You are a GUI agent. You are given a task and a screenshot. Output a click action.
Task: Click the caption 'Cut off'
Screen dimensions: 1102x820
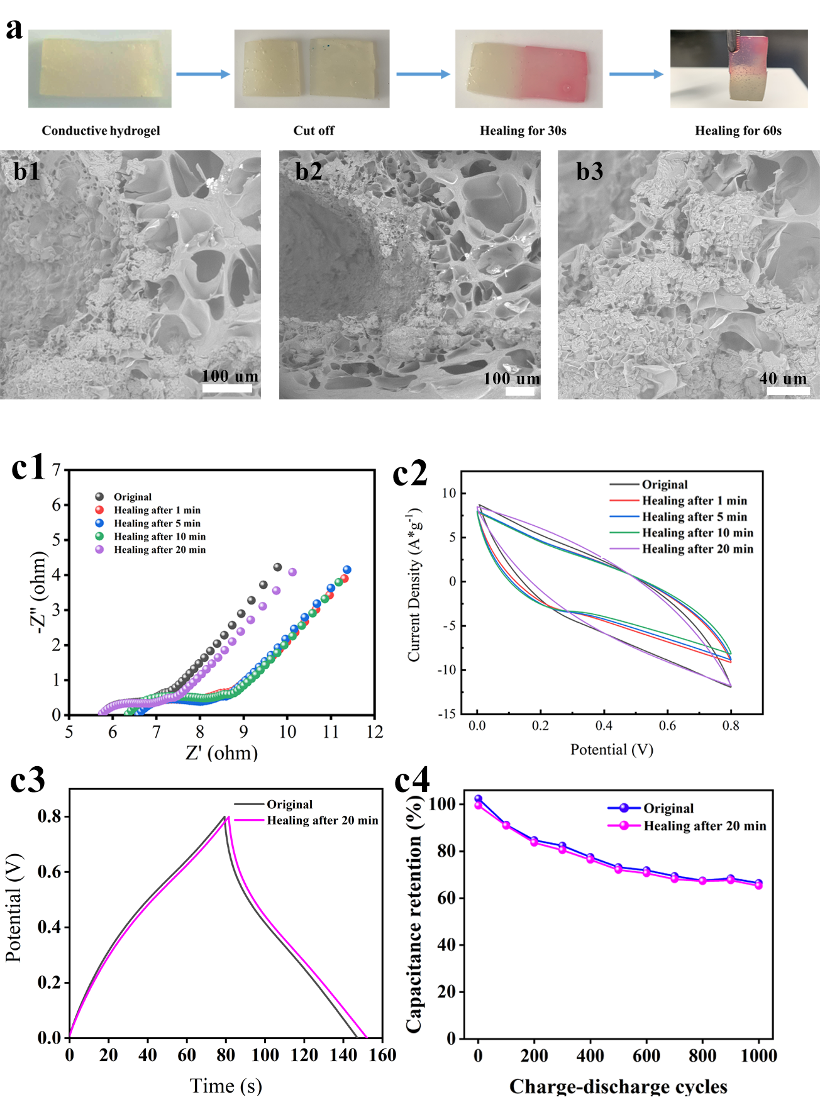point(313,131)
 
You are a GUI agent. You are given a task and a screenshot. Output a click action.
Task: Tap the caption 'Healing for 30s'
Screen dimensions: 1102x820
point(523,131)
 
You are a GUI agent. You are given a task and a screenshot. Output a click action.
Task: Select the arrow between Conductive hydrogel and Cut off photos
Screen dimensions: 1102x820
point(202,74)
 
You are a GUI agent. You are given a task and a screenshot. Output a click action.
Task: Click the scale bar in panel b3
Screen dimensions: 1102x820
point(788,391)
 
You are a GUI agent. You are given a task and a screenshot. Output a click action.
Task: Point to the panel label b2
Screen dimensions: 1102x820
point(308,171)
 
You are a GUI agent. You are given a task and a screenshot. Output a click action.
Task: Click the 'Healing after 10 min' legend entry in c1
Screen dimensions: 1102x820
point(159,537)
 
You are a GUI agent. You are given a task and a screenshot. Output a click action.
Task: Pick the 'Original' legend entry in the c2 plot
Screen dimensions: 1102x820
point(664,484)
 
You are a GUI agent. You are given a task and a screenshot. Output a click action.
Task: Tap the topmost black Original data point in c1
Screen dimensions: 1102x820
point(277,567)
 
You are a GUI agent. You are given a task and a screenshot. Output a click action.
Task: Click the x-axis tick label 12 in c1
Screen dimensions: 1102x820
point(375,732)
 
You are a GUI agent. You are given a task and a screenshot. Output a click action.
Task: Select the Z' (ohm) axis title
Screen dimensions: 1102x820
point(221,753)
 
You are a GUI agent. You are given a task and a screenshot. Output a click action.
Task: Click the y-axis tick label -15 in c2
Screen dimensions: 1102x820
point(447,714)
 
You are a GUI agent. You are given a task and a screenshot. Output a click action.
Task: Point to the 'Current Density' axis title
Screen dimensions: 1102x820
point(414,585)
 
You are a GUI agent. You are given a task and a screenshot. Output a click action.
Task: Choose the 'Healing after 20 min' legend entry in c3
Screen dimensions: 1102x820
point(322,820)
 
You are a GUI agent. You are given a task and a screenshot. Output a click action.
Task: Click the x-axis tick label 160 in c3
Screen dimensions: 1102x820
point(382,1055)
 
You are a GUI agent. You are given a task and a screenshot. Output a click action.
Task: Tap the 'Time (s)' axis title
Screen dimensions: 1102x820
point(226,1085)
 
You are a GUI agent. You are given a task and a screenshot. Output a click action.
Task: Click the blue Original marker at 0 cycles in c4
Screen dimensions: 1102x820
point(478,799)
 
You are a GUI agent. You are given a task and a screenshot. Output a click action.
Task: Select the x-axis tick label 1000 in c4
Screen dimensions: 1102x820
point(758,1055)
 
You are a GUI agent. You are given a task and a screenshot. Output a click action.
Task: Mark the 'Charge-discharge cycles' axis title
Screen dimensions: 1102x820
point(618,1086)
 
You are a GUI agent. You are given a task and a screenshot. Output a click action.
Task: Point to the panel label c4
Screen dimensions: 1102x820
point(412,781)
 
